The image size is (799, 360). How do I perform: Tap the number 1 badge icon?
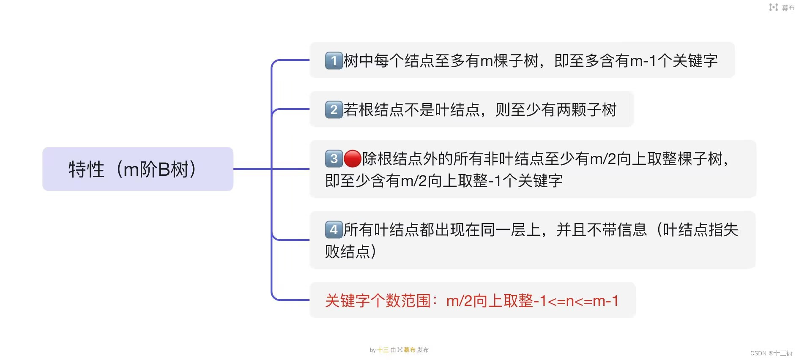(334, 60)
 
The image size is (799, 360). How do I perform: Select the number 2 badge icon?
(334, 109)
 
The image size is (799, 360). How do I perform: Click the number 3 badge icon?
(334, 159)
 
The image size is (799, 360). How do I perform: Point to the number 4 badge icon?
(334, 230)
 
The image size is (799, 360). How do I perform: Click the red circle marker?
(352, 159)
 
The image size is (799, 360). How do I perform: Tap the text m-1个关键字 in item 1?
(674, 61)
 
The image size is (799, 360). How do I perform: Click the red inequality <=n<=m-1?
(583, 301)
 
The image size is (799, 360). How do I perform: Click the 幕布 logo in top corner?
(782, 8)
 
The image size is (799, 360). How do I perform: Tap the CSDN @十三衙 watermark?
(771, 353)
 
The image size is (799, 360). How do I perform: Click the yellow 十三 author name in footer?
(383, 350)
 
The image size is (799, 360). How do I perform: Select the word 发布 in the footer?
(423, 350)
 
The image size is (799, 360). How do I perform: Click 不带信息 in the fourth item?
(617, 230)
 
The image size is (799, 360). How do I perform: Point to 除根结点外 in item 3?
(400, 159)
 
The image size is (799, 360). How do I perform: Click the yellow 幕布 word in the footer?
(409, 350)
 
